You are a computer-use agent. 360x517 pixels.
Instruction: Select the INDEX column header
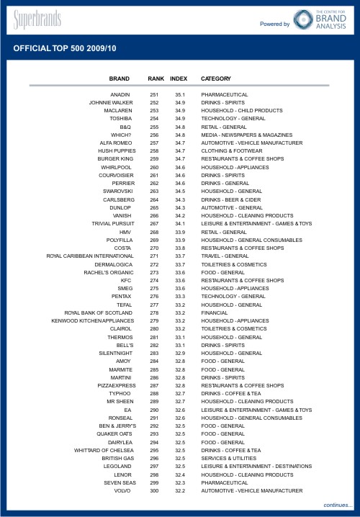(179, 78)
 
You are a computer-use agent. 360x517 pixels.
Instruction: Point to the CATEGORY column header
(216, 78)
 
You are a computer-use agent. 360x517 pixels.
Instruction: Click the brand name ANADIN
(120, 95)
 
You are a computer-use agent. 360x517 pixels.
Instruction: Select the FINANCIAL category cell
(215, 313)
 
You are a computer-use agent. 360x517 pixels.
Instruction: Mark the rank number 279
(154, 320)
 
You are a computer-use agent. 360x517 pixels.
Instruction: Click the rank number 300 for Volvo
(154, 490)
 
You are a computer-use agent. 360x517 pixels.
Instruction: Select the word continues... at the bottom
(337, 505)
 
